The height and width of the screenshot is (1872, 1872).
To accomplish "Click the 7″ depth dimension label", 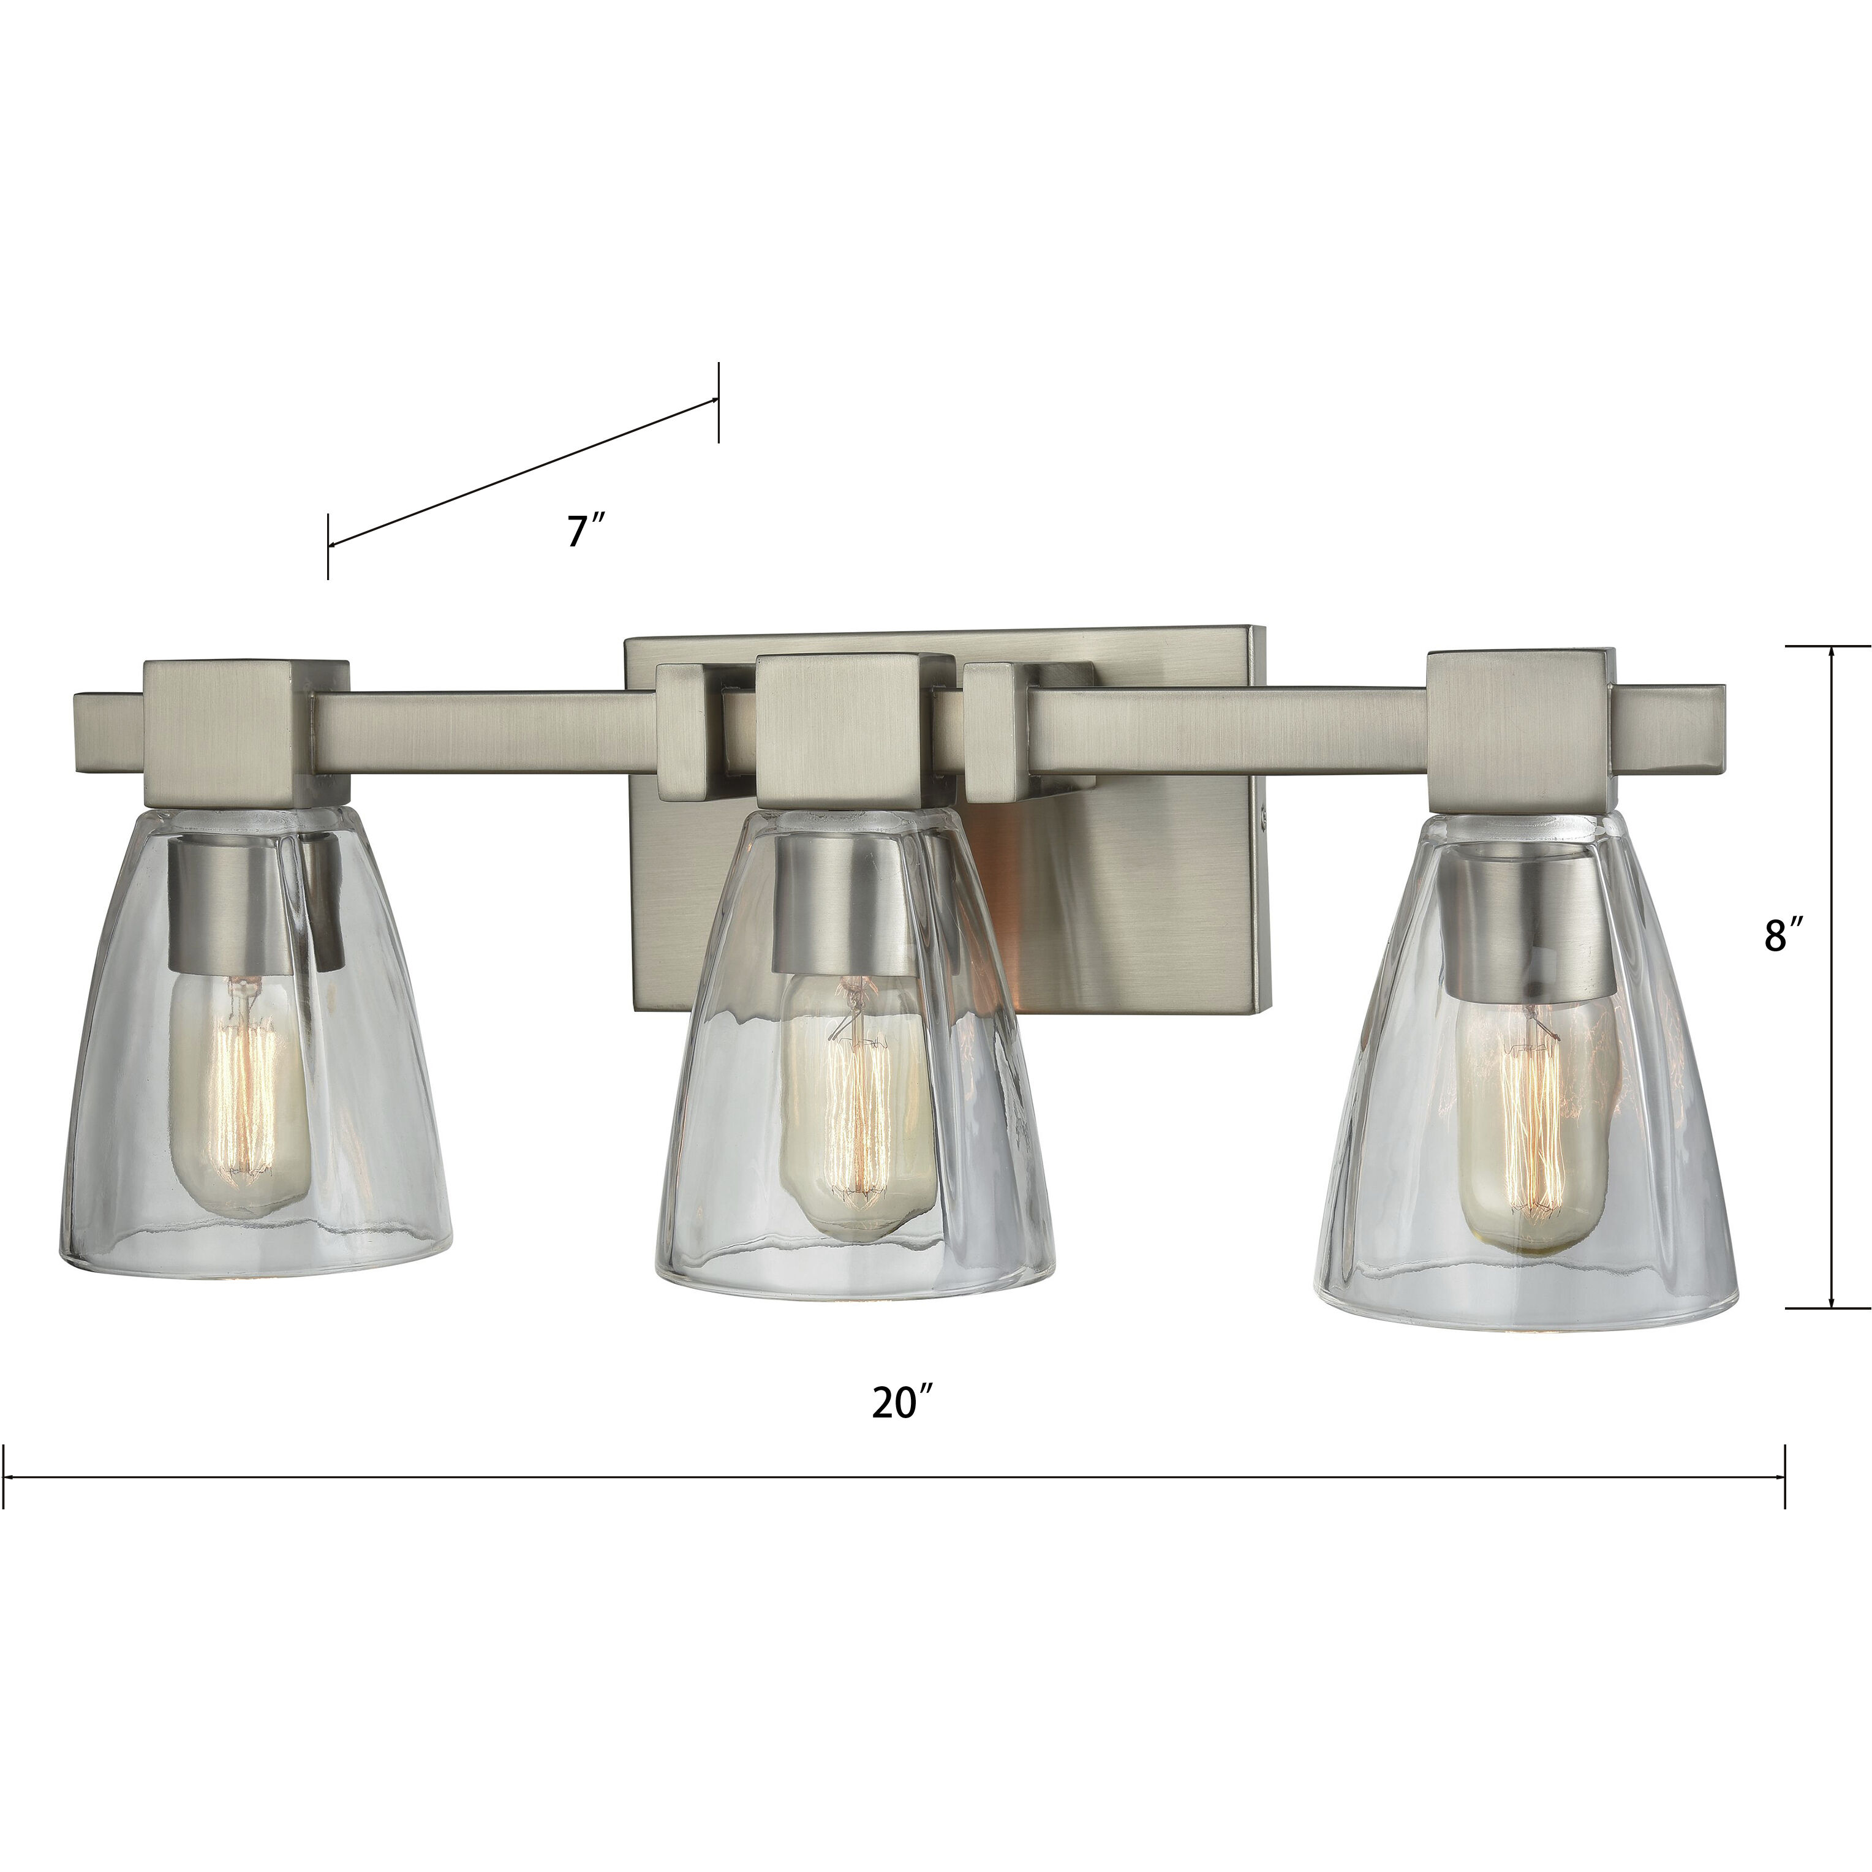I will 586,531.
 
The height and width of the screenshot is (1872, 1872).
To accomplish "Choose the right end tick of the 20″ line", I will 1784,1477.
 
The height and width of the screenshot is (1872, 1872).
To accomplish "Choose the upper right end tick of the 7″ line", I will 718,401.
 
